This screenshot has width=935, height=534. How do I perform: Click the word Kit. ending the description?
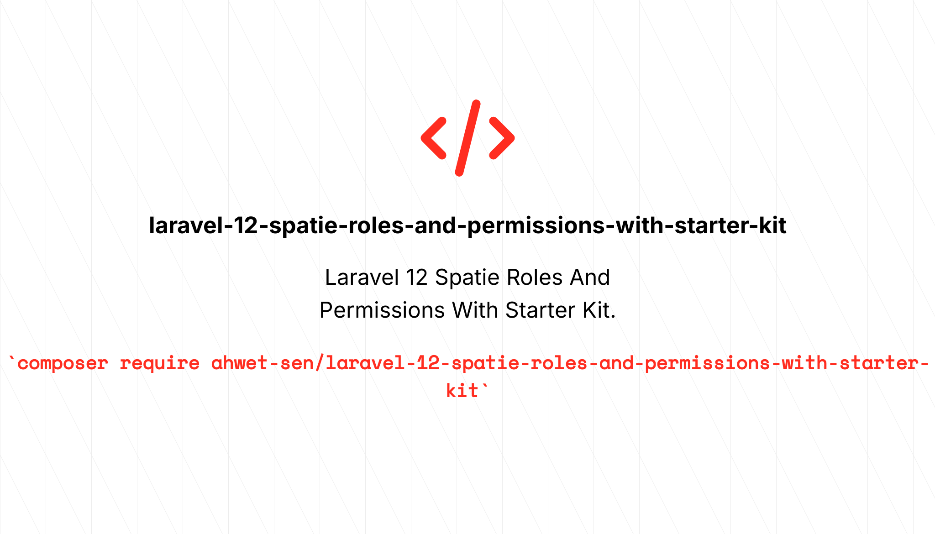(x=599, y=310)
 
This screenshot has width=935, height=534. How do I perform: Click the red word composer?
(x=63, y=364)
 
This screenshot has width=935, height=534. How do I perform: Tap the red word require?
(x=159, y=364)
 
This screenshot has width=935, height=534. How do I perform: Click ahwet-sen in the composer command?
(x=262, y=364)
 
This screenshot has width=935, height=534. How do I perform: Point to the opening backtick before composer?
(x=12, y=361)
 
